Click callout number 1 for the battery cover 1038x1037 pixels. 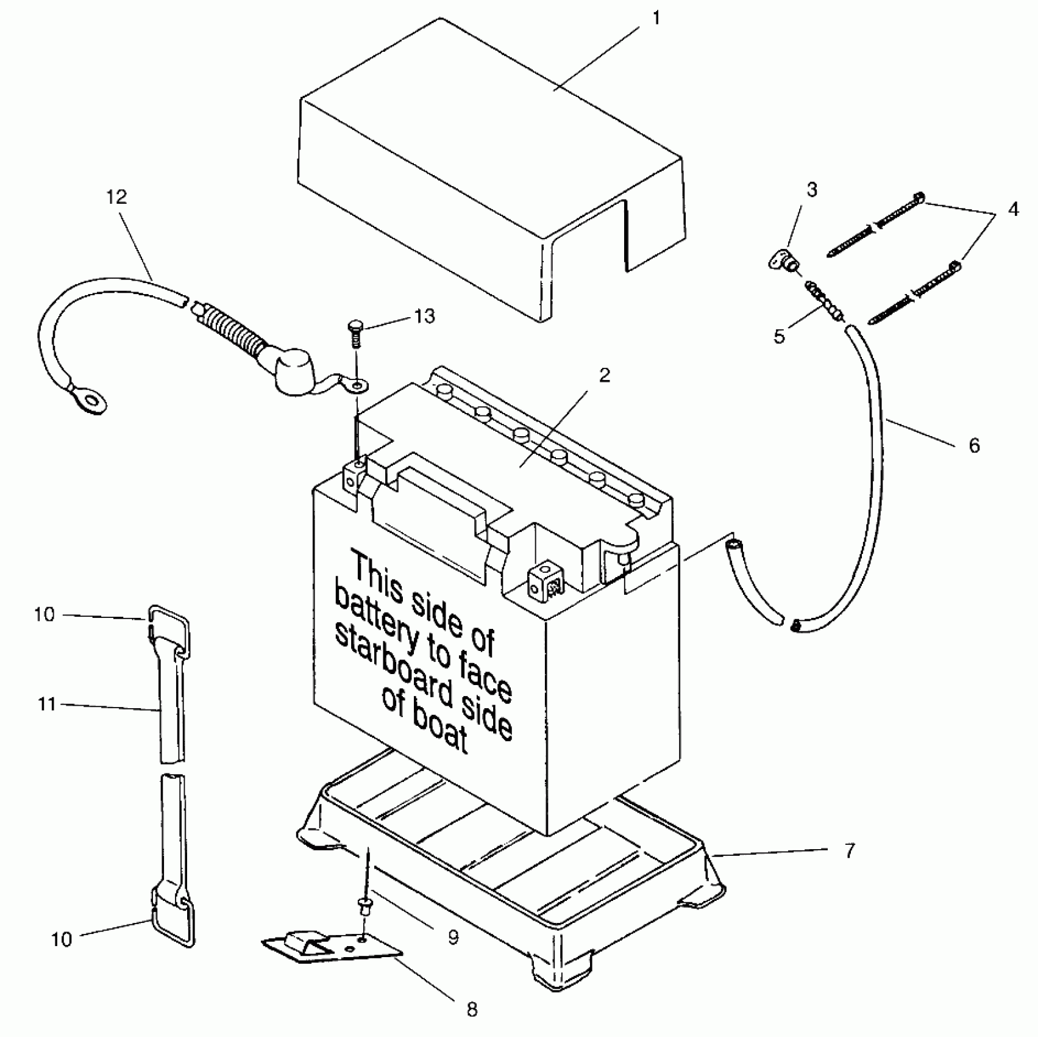tap(656, 18)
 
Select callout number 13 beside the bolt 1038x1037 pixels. tap(424, 316)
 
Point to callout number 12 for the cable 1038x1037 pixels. tap(116, 196)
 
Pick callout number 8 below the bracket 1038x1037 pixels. tap(472, 1009)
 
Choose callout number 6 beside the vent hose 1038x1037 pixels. tap(974, 445)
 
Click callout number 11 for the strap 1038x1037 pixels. tap(47, 705)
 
